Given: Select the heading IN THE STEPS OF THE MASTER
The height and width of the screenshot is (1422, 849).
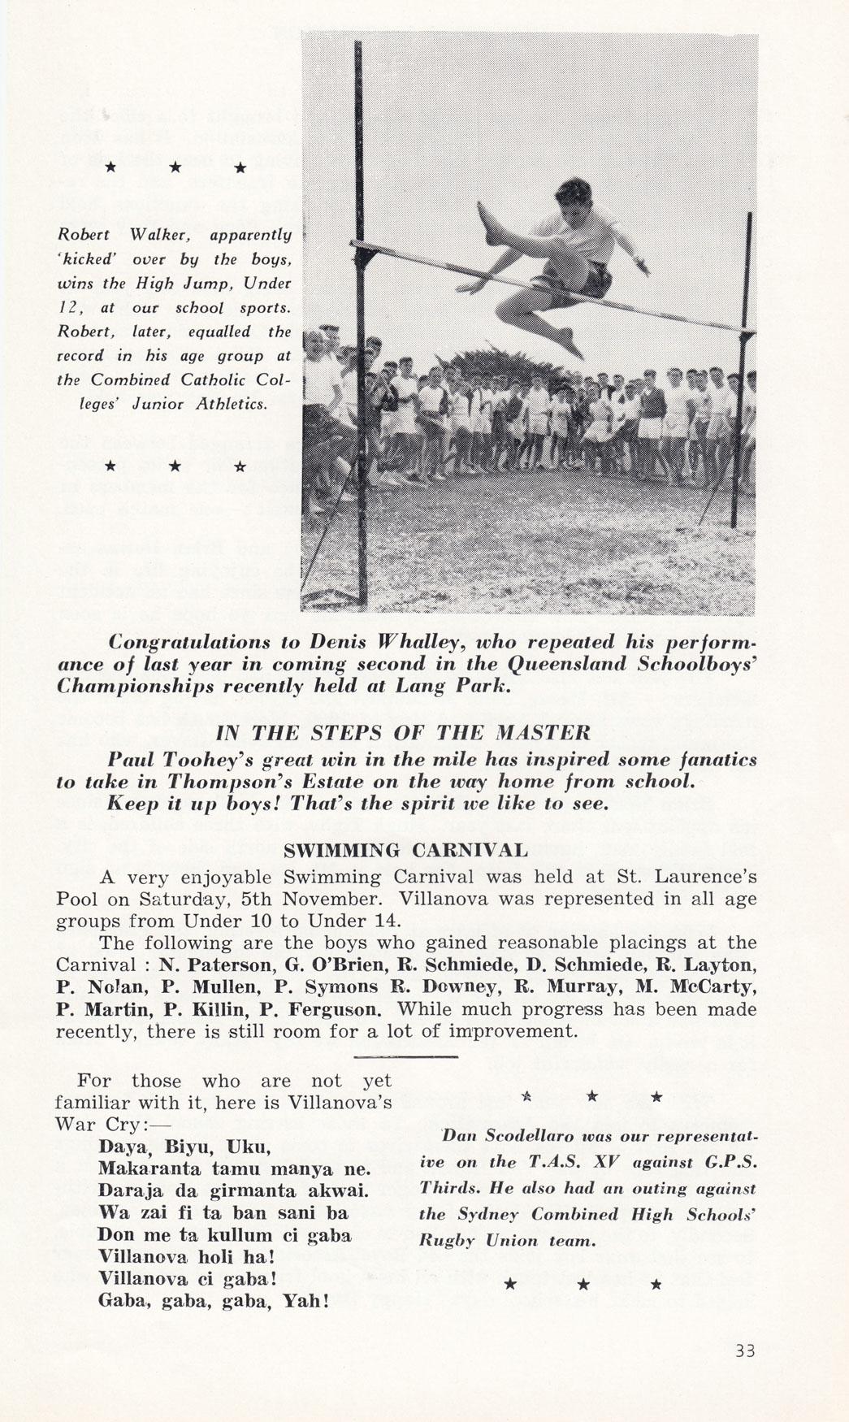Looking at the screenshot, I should pyautogui.click(x=403, y=733).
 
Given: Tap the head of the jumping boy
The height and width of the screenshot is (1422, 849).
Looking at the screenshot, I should pyautogui.click(x=574, y=199).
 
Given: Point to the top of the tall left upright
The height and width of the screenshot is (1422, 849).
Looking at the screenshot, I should pyautogui.click(x=357, y=45).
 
